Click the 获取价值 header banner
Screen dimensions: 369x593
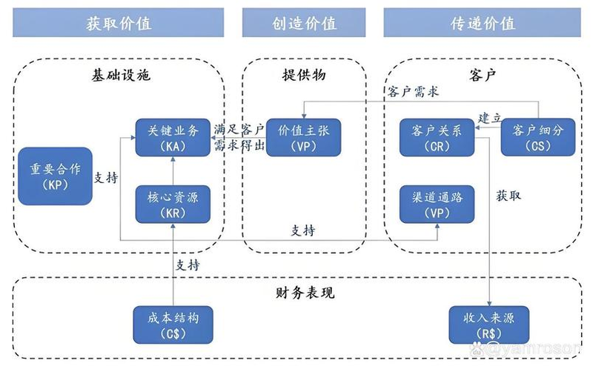(119, 22)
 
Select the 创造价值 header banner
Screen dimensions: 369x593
(304, 22)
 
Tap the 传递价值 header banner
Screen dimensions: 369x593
(483, 22)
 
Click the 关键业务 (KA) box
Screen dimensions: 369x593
(172, 137)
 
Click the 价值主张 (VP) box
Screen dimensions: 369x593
(303, 137)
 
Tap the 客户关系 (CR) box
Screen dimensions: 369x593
(437, 137)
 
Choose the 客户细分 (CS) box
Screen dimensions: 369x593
(538, 137)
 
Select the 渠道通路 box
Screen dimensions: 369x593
(437, 204)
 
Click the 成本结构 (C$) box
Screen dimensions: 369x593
(172, 325)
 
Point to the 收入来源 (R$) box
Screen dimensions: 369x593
(490, 325)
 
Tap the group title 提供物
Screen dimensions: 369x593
(304, 76)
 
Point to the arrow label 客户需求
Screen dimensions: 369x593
(413, 92)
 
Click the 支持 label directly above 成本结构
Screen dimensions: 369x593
(187, 264)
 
